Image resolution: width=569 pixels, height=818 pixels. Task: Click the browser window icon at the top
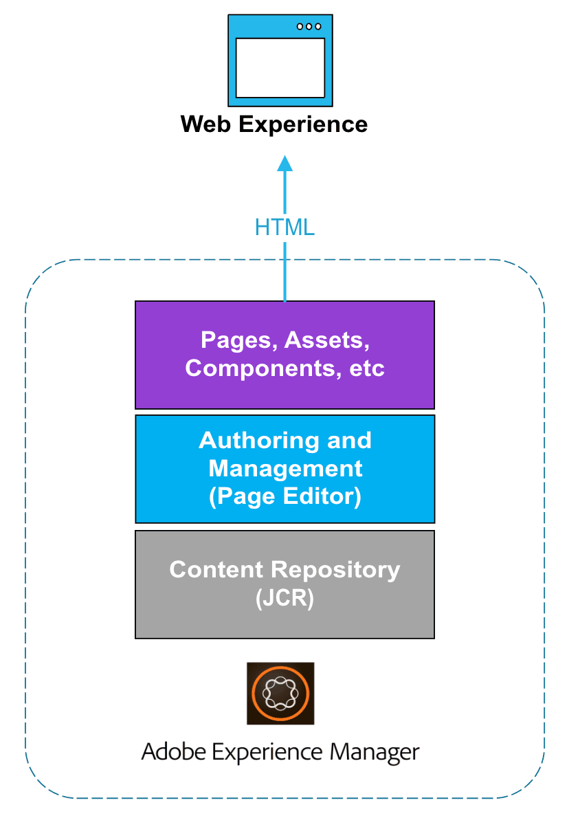tap(280, 60)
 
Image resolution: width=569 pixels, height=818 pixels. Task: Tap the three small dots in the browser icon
tap(309, 26)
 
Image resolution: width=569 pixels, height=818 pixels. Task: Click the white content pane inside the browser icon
tap(280, 67)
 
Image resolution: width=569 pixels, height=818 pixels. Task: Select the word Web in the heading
tap(205, 124)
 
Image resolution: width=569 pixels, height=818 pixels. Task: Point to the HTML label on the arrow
tap(284, 227)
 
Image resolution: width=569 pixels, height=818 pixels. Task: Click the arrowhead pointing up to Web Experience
tap(284, 164)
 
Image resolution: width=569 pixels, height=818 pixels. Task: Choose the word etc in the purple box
tap(366, 368)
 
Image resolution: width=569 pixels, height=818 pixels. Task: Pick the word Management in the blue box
tap(285, 469)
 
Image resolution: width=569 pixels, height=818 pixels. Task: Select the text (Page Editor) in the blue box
tap(284, 496)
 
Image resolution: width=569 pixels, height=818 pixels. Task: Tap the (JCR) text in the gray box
tap(284, 598)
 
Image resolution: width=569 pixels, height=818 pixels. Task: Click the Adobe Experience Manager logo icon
tap(280, 693)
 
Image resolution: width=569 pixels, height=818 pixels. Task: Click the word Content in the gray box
tap(217, 569)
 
